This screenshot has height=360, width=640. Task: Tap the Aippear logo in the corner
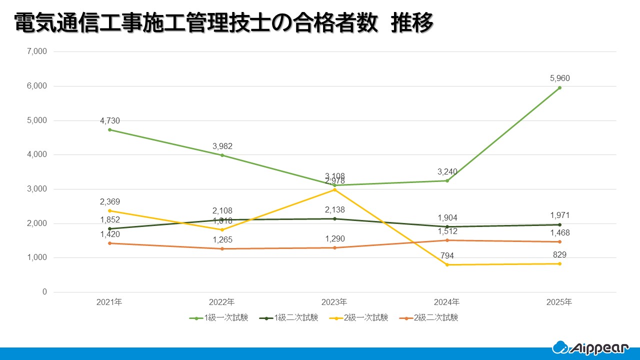pyautogui.click(x=590, y=347)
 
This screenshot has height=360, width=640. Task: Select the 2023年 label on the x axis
pyautogui.click(x=334, y=302)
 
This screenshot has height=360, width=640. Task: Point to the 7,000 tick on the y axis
pyautogui.click(x=36, y=51)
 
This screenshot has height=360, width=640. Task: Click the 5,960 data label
pyautogui.click(x=559, y=78)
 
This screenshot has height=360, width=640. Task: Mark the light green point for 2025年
pyautogui.click(x=559, y=87)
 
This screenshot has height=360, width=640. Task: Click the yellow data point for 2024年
pyautogui.click(x=447, y=264)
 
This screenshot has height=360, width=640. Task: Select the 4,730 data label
pyautogui.click(x=109, y=120)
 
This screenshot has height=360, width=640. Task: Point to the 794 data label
pyautogui.click(x=447, y=256)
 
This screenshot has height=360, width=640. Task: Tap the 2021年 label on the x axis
pyautogui.click(x=109, y=302)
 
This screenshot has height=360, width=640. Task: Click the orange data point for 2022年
pyautogui.click(x=222, y=248)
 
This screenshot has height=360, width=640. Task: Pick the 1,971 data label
pyautogui.click(x=559, y=215)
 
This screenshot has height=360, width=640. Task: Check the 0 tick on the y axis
pyautogui.click(x=44, y=292)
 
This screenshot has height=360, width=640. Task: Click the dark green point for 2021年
pyautogui.click(x=109, y=228)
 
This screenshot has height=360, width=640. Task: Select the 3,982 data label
pyautogui.click(x=222, y=146)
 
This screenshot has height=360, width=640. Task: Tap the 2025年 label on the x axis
pyautogui.click(x=559, y=302)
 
